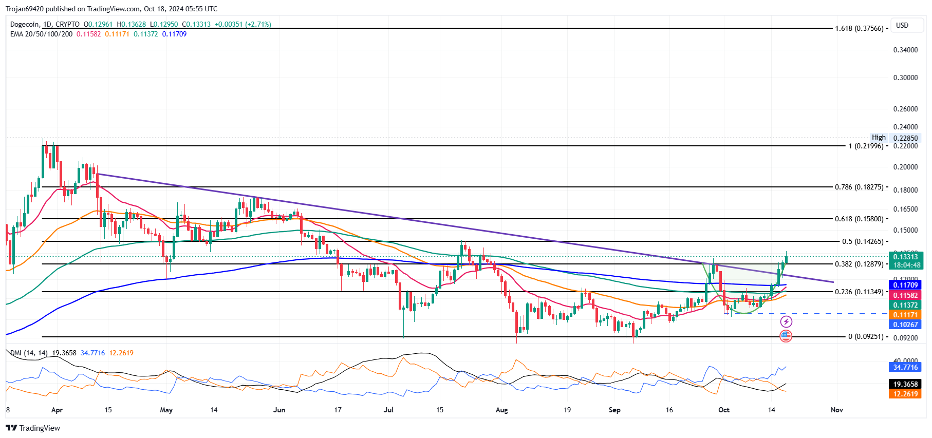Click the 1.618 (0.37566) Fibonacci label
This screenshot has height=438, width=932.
(x=859, y=29)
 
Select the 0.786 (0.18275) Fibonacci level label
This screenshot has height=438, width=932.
(x=859, y=187)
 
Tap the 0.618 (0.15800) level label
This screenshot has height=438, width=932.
(x=859, y=219)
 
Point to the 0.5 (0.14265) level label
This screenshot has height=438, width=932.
(x=863, y=242)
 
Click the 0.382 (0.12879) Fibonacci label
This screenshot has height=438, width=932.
(x=859, y=264)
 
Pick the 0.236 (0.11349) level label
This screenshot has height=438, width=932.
(x=859, y=292)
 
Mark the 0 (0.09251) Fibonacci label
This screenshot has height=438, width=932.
(x=866, y=337)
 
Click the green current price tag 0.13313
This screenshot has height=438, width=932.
(x=905, y=257)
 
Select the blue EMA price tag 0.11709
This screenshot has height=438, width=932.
(x=905, y=285)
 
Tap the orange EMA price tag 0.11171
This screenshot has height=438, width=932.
(x=905, y=315)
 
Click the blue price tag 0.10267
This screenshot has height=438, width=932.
(x=905, y=325)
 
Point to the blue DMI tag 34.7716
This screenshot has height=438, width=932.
(x=905, y=367)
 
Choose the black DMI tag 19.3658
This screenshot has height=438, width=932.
(x=905, y=384)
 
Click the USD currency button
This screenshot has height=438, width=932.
(x=902, y=25)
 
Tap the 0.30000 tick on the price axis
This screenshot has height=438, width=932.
(x=905, y=78)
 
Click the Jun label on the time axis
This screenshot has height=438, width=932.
(x=279, y=410)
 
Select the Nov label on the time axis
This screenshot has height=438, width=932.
(x=836, y=410)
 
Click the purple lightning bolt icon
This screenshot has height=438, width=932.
(x=786, y=322)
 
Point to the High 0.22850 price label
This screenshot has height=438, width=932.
(x=894, y=138)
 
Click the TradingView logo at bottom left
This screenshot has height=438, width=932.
(x=33, y=428)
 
